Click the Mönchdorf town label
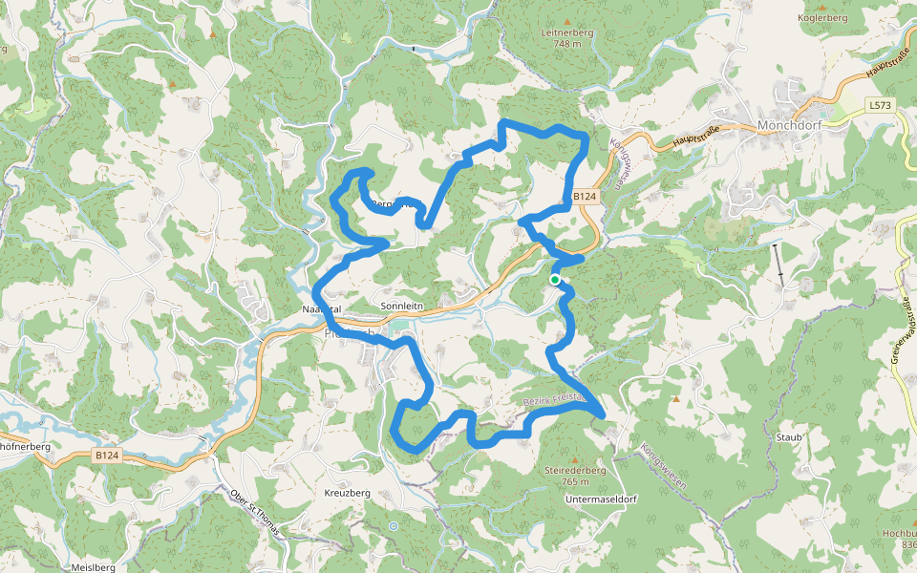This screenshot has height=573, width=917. (x=788, y=125)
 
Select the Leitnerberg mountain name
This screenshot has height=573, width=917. (x=566, y=32)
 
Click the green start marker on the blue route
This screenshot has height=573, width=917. (x=554, y=279)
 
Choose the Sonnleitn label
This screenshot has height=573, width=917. (x=401, y=307)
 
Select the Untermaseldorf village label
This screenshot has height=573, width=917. (x=601, y=499)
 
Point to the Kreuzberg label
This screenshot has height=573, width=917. (x=347, y=493)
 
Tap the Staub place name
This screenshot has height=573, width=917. (x=789, y=437)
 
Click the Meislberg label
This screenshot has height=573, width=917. (x=94, y=567)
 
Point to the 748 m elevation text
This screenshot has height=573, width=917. (x=566, y=44)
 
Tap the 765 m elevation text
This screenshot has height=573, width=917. (x=575, y=481)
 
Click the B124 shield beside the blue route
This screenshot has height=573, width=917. (x=585, y=197)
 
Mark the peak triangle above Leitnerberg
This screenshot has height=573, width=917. (x=566, y=20)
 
